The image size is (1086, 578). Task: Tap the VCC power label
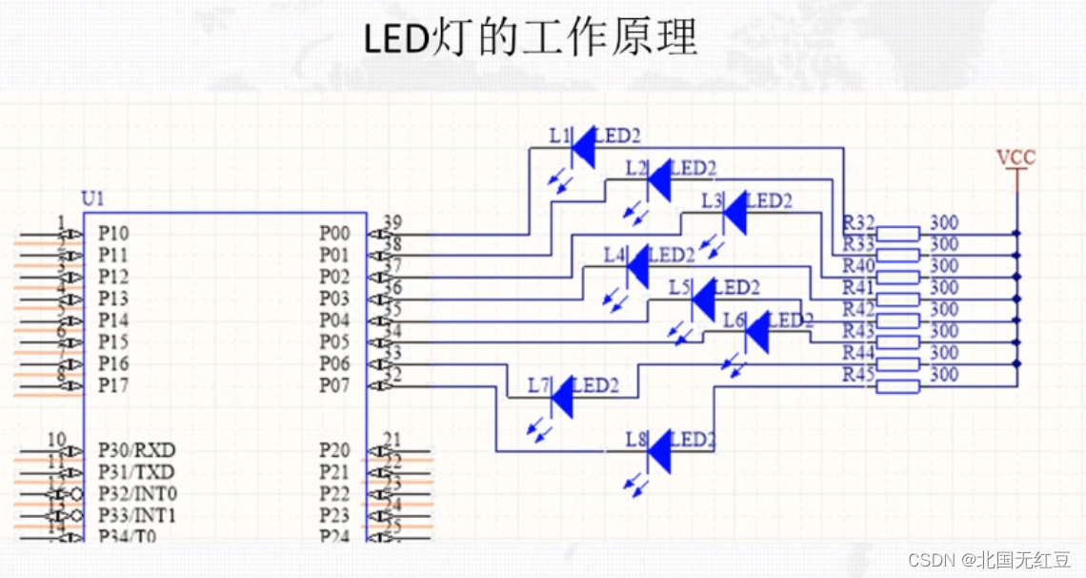click(1016, 157)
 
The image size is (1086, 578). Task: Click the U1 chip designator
click(92, 199)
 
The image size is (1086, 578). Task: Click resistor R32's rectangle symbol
click(897, 233)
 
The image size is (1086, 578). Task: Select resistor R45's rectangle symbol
click(897, 385)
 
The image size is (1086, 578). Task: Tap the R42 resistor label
click(858, 309)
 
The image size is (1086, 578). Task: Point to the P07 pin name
click(334, 385)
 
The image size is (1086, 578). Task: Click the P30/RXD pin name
click(136, 450)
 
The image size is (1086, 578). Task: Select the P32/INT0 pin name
click(137, 494)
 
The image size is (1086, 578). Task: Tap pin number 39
click(392, 223)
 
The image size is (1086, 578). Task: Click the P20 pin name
click(334, 450)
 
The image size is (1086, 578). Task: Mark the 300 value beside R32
click(944, 223)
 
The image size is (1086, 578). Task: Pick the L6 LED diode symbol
click(756, 331)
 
